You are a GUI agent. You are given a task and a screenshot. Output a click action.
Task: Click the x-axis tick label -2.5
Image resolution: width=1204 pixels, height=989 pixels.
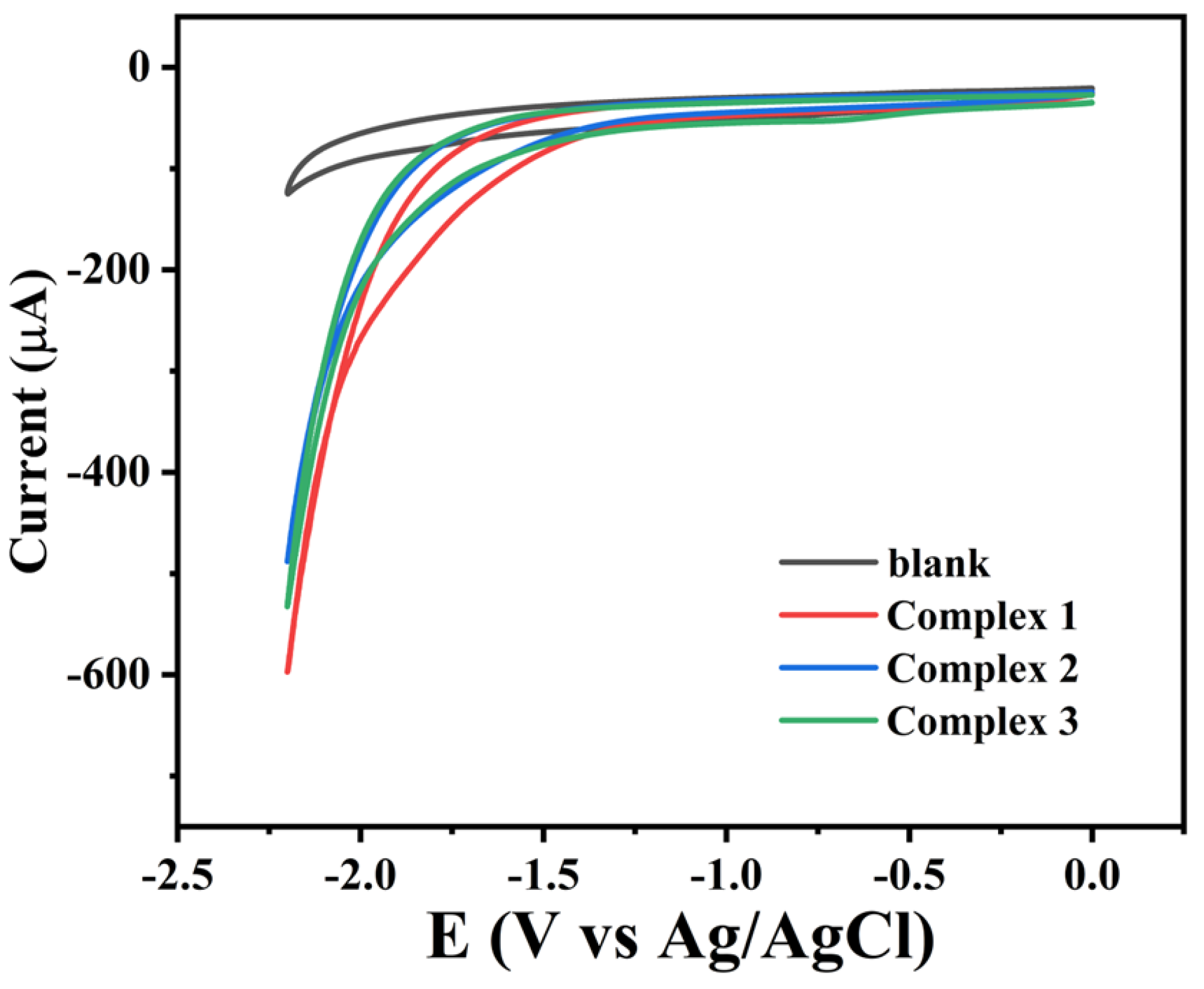tap(178, 877)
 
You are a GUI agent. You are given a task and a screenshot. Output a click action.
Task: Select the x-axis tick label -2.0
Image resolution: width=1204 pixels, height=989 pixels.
tap(360, 877)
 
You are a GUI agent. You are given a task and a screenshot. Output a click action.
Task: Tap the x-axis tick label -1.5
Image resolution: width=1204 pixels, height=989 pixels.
tap(543, 877)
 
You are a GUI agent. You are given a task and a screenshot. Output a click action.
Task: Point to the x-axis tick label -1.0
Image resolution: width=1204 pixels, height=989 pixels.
tap(726, 877)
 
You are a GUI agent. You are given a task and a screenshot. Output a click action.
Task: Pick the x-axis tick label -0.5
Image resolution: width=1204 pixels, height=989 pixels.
tap(909, 877)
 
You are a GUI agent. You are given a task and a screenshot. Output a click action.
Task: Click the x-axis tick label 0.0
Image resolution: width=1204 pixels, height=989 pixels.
tap(1092, 877)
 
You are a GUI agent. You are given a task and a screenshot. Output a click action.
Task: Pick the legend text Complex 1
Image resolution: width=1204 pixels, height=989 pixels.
tap(982, 616)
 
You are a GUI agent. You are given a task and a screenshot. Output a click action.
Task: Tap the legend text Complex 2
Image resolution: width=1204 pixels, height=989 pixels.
tap(982, 668)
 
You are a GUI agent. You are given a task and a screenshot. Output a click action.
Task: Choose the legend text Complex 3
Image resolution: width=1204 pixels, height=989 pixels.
tap(982, 721)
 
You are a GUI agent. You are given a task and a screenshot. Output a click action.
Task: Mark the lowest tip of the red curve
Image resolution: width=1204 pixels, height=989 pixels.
tap(288, 671)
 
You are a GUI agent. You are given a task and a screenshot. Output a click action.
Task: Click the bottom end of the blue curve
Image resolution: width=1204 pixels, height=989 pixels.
tap(287, 561)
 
